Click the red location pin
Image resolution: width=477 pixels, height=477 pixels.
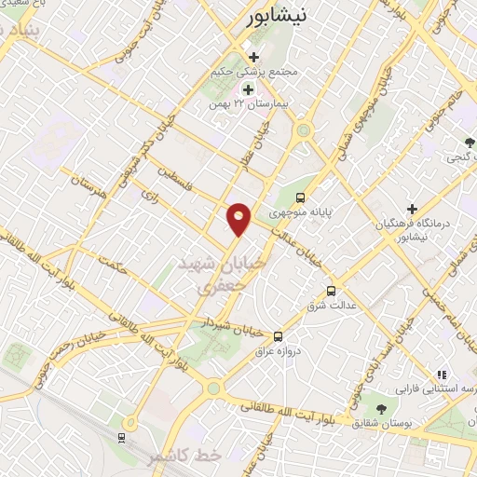click(x=239, y=218)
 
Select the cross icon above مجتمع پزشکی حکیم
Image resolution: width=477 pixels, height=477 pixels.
click(x=252, y=58)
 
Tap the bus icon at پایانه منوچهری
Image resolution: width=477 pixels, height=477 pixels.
click(x=300, y=198)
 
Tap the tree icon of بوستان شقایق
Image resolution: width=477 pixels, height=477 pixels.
click(x=380, y=408)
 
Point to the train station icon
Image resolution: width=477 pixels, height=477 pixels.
click(x=122, y=436)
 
